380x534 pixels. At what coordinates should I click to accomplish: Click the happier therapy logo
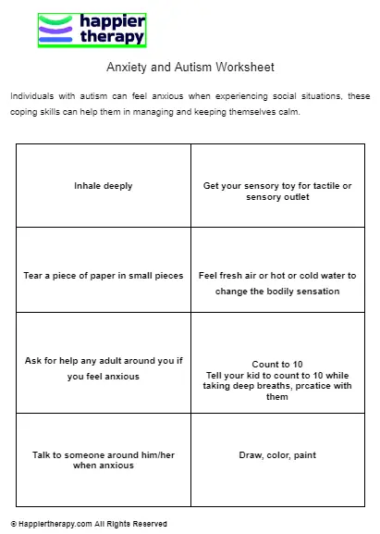[92, 29]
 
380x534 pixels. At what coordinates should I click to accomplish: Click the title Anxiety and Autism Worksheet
[190, 68]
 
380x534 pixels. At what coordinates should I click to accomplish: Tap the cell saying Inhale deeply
[104, 186]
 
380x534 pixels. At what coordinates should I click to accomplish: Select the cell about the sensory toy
[277, 192]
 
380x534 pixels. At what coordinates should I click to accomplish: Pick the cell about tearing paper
[104, 276]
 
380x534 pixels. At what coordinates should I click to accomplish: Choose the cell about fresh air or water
[277, 283]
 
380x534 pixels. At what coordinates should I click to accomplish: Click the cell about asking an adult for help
[104, 368]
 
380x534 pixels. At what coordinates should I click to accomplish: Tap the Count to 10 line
[277, 365]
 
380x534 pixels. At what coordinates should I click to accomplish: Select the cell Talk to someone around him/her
[104, 460]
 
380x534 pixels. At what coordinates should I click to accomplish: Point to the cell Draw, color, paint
[277, 455]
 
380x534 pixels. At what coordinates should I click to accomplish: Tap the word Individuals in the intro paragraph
[31, 96]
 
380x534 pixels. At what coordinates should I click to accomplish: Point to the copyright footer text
[90, 524]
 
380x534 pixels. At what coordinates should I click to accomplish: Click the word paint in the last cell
[302, 455]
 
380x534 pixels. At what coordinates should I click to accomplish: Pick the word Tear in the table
[32, 276]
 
